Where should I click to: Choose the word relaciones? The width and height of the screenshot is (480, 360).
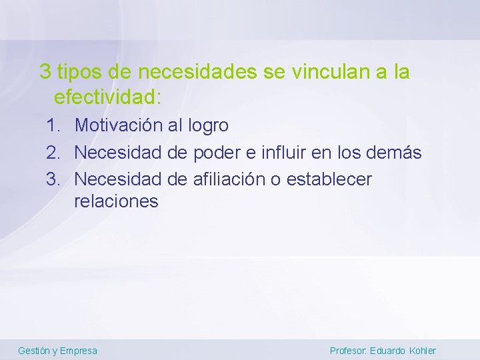[x=117, y=201]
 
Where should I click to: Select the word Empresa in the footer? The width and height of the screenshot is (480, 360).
[x=79, y=351]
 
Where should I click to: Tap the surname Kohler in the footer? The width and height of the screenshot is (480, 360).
[x=423, y=351]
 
